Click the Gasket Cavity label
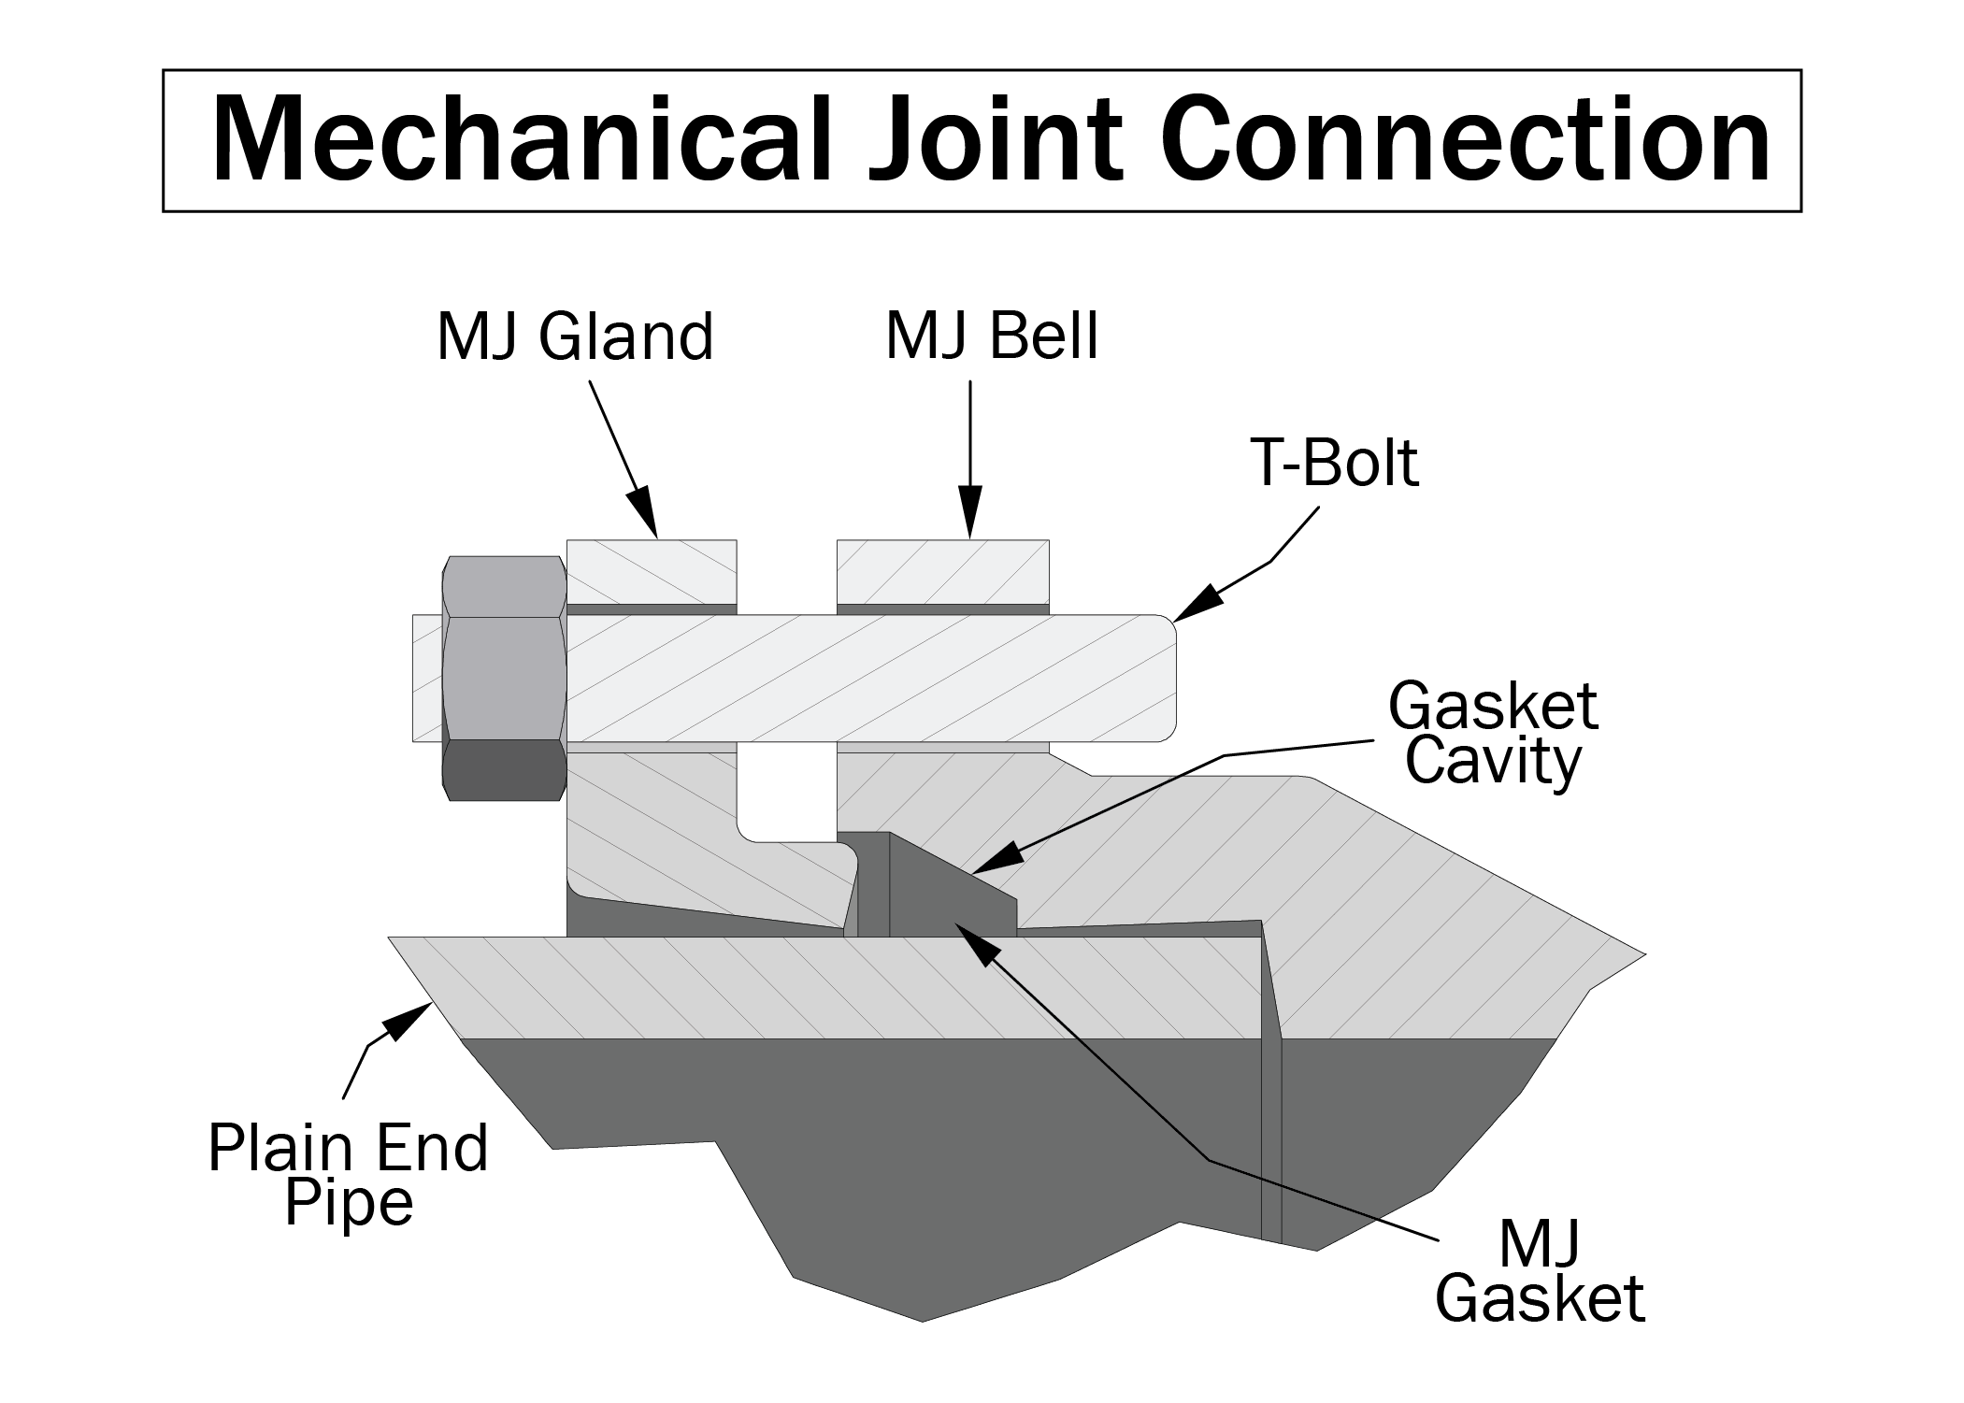(x=1492, y=734)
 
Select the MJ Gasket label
(x=1539, y=1271)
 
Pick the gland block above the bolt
(x=652, y=571)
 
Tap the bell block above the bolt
(x=942, y=571)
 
